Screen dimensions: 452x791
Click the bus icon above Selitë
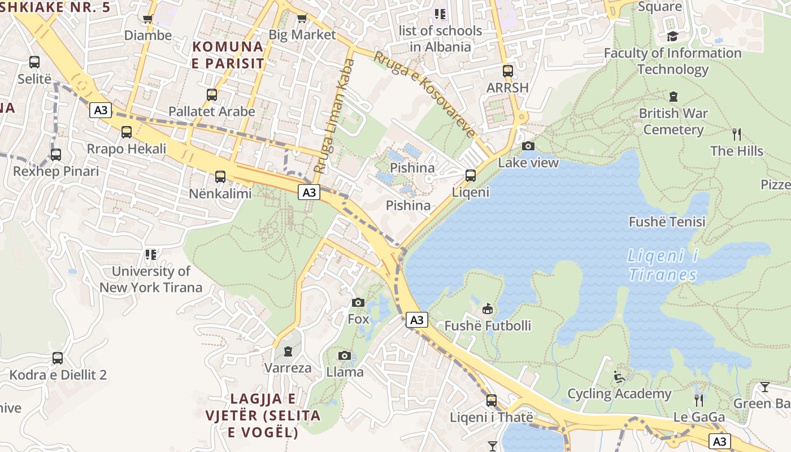pyautogui.click(x=34, y=62)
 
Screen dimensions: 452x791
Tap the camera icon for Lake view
pyautogui.click(x=528, y=146)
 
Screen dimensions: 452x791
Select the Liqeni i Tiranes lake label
pyautogui.click(x=662, y=266)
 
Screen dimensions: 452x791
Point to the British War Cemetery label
pyautogui.click(x=673, y=121)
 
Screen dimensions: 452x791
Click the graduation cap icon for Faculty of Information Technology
pyautogui.click(x=672, y=37)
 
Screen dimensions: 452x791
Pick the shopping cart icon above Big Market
pyautogui.click(x=302, y=19)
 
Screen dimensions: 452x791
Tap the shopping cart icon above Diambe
pyautogui.click(x=148, y=19)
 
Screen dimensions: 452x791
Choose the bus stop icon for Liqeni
pyautogui.click(x=471, y=176)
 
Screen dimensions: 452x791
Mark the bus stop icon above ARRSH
pyautogui.click(x=508, y=71)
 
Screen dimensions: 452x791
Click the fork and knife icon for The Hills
pyautogui.click(x=736, y=134)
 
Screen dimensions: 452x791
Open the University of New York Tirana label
pyautogui.click(x=151, y=279)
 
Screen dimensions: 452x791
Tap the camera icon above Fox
pyautogui.click(x=358, y=303)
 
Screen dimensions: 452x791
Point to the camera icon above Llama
pyautogui.click(x=345, y=356)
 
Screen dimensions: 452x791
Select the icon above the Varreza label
pyautogui.click(x=288, y=351)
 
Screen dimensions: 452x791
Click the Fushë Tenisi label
pyautogui.click(x=667, y=222)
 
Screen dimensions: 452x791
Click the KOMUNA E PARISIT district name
pyautogui.click(x=228, y=55)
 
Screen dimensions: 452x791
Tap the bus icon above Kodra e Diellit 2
pyautogui.click(x=58, y=358)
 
